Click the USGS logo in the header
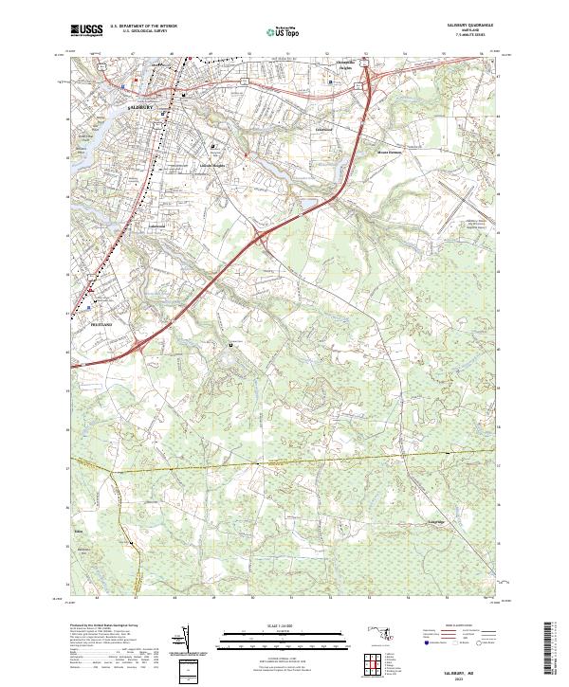(87, 30)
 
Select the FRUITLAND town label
(101, 324)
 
